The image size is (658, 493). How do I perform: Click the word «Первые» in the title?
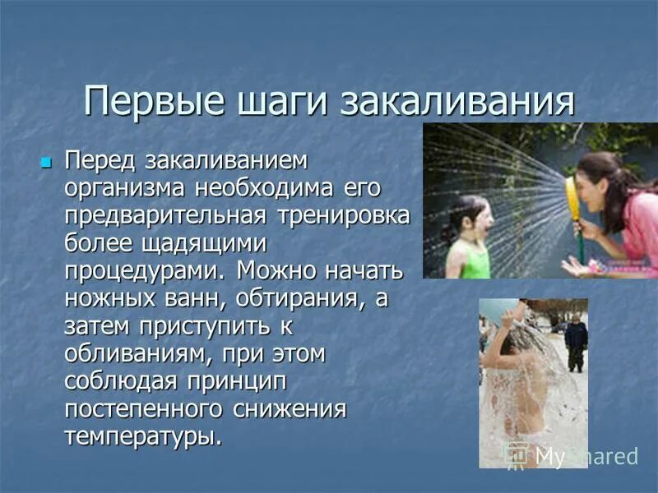(148, 103)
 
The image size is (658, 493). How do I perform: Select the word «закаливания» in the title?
(456, 103)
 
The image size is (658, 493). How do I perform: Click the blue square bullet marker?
(46, 157)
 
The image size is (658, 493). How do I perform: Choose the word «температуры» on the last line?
(143, 436)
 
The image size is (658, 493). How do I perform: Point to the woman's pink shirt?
(640, 230)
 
